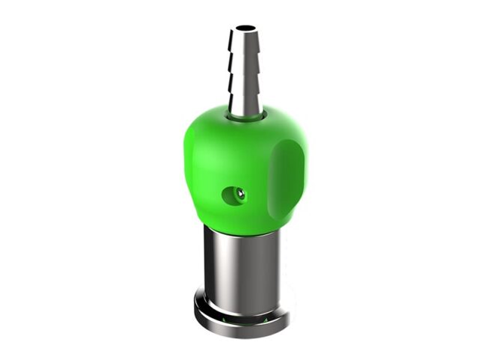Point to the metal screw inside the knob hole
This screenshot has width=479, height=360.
(238, 196)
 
